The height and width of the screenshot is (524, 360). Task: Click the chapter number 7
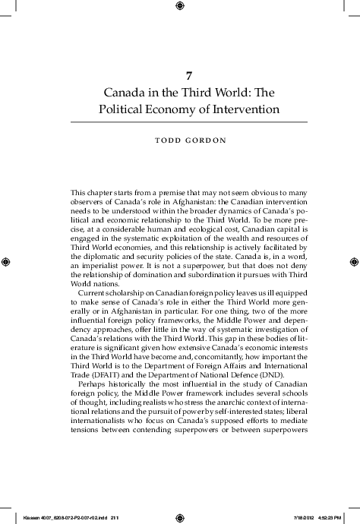click(x=189, y=76)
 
